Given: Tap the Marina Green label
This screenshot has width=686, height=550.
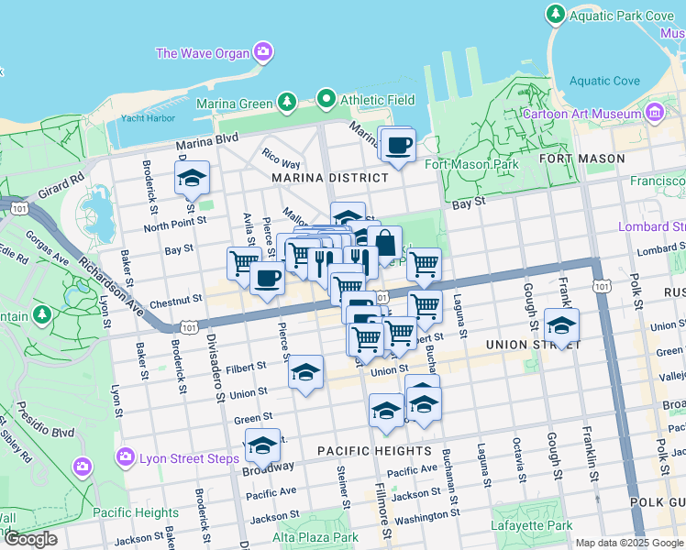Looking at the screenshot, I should tap(230, 104).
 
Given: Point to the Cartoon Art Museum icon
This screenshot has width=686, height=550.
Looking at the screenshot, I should tap(655, 114).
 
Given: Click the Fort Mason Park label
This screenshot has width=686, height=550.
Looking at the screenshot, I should tap(471, 165).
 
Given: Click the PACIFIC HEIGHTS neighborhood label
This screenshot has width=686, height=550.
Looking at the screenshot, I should tap(374, 451).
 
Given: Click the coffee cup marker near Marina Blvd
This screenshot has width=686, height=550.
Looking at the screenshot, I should tap(398, 145).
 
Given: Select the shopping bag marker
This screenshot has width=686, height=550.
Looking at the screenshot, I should tap(386, 243).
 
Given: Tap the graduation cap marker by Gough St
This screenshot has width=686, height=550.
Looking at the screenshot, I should tap(561, 325).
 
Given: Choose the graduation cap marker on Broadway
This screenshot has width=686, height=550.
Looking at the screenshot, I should tap(263, 446).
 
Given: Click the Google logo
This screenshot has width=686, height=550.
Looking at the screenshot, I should tap(30, 539).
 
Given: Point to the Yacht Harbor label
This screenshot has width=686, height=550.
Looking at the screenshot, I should tap(147, 117).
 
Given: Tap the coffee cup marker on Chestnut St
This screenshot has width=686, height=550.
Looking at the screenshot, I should tap(267, 278).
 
